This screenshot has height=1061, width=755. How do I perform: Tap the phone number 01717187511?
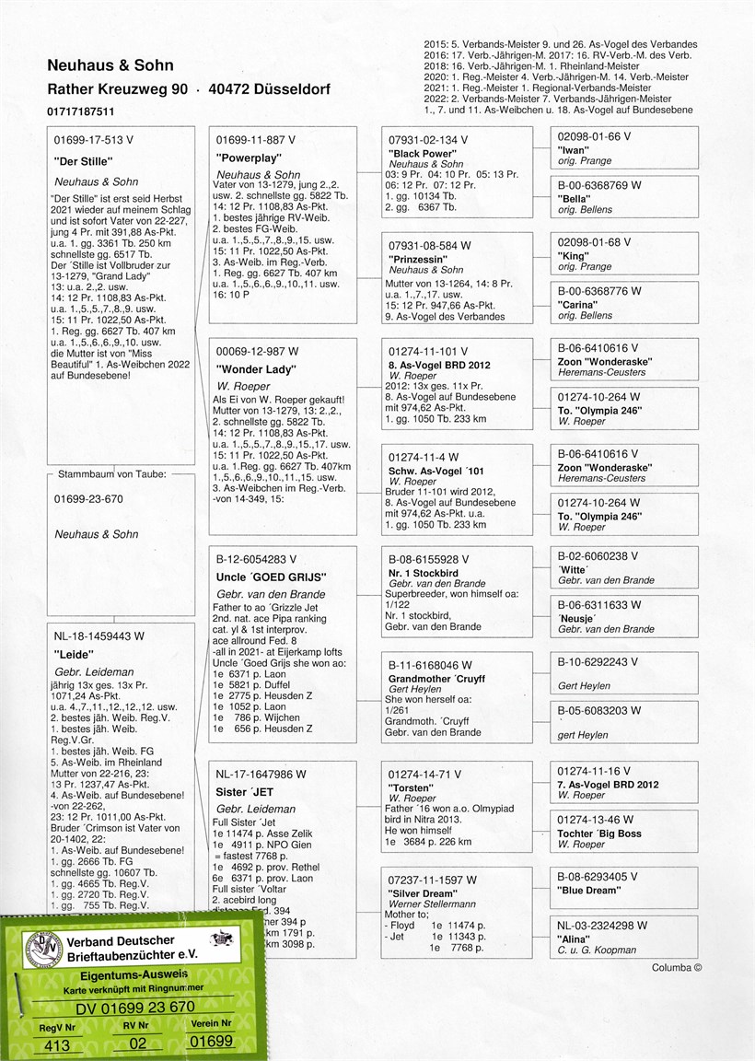[82, 111]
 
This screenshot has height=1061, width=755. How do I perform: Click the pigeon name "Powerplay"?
[244, 157]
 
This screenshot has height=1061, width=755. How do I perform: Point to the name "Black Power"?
[423, 153]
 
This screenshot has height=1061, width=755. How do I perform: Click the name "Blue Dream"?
[589, 890]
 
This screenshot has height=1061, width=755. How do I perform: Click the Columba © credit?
[677, 968]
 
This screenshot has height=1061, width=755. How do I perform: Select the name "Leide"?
[76, 653]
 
